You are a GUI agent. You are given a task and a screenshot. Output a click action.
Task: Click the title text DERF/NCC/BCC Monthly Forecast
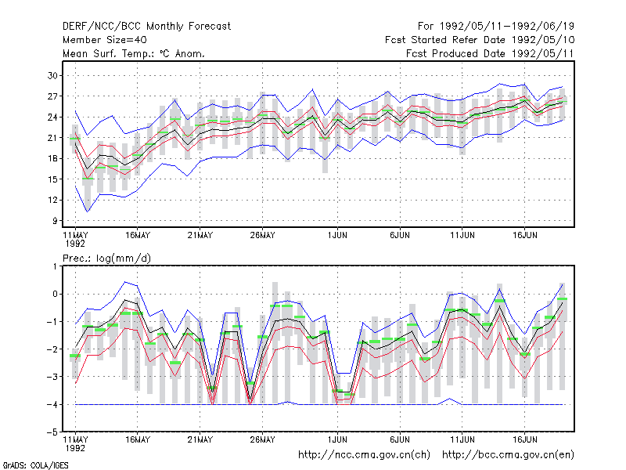(146, 27)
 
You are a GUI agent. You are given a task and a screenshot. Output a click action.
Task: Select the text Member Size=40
(105, 40)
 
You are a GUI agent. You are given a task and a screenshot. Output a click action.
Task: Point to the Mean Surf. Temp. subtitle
(133, 53)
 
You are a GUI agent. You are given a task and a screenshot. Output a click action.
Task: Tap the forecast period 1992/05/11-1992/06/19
(496, 27)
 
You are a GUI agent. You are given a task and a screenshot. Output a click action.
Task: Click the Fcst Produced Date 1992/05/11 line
(491, 53)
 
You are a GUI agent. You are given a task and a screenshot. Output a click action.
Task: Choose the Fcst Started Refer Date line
(480, 40)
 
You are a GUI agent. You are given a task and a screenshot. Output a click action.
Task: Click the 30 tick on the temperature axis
(52, 75)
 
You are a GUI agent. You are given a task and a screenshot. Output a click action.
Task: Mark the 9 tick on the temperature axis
(55, 221)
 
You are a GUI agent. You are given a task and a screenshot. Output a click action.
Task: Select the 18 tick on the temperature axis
(52, 159)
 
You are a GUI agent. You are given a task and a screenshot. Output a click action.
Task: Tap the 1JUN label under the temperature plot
(337, 235)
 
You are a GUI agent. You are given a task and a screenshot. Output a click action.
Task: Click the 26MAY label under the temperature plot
(262, 235)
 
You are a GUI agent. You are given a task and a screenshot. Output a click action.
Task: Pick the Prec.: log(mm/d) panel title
(107, 258)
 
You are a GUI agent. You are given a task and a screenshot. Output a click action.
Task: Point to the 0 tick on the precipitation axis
(55, 295)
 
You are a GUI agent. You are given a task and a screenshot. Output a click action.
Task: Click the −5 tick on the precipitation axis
(52, 432)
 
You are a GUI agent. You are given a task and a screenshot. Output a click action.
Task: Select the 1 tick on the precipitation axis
(55, 266)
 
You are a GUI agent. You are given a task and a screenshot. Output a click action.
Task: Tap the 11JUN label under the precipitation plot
(462, 439)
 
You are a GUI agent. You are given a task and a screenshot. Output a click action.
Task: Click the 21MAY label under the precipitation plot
(200, 439)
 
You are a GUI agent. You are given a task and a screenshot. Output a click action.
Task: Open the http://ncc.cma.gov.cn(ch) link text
(364, 455)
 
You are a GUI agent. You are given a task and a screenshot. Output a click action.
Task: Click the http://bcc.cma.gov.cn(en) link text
(508, 455)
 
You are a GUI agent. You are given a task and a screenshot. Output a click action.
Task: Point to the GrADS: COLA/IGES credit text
(35, 465)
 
